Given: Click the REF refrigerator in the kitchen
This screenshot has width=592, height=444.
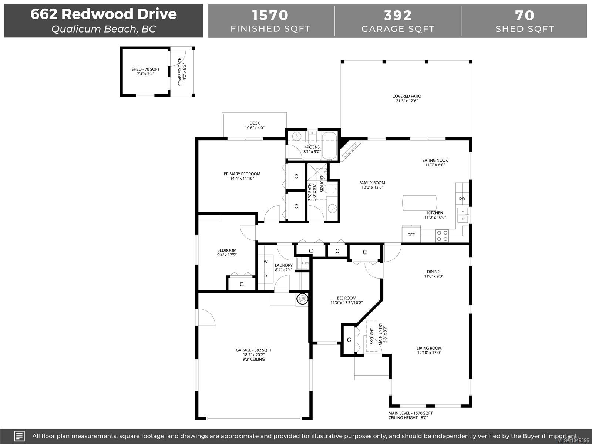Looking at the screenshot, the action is coord(411,234).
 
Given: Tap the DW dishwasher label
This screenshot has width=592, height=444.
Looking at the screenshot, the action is coord(462,199).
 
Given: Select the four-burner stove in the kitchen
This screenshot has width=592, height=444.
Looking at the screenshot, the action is coord(442,236).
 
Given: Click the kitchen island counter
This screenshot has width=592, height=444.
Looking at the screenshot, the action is coord(419,203).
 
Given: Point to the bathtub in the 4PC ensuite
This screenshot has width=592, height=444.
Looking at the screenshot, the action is coord(329,146).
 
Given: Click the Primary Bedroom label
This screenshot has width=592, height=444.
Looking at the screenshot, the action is coord(242,176).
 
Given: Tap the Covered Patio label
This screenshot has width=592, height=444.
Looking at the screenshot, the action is coord(407,98).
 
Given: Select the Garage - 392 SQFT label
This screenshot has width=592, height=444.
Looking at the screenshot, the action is coord(253,350).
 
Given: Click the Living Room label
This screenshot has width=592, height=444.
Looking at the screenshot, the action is coord(429,350).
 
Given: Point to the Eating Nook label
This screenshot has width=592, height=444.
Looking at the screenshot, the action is coord(435,162).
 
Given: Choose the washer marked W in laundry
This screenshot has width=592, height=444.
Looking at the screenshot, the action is coord(266,262).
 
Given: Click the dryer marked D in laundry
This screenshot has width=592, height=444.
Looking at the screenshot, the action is coord(266,276).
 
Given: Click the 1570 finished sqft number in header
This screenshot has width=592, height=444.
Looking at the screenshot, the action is coord(270,15).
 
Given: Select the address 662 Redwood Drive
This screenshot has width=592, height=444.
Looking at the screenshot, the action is coord(104,14).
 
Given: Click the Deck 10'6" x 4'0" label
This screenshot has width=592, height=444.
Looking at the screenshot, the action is coord(255,125).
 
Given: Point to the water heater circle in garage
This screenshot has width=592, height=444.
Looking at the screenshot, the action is coord(302,299).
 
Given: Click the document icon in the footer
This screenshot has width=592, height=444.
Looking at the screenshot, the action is coord(19,436).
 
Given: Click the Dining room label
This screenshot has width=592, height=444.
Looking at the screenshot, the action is coord(434,274).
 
